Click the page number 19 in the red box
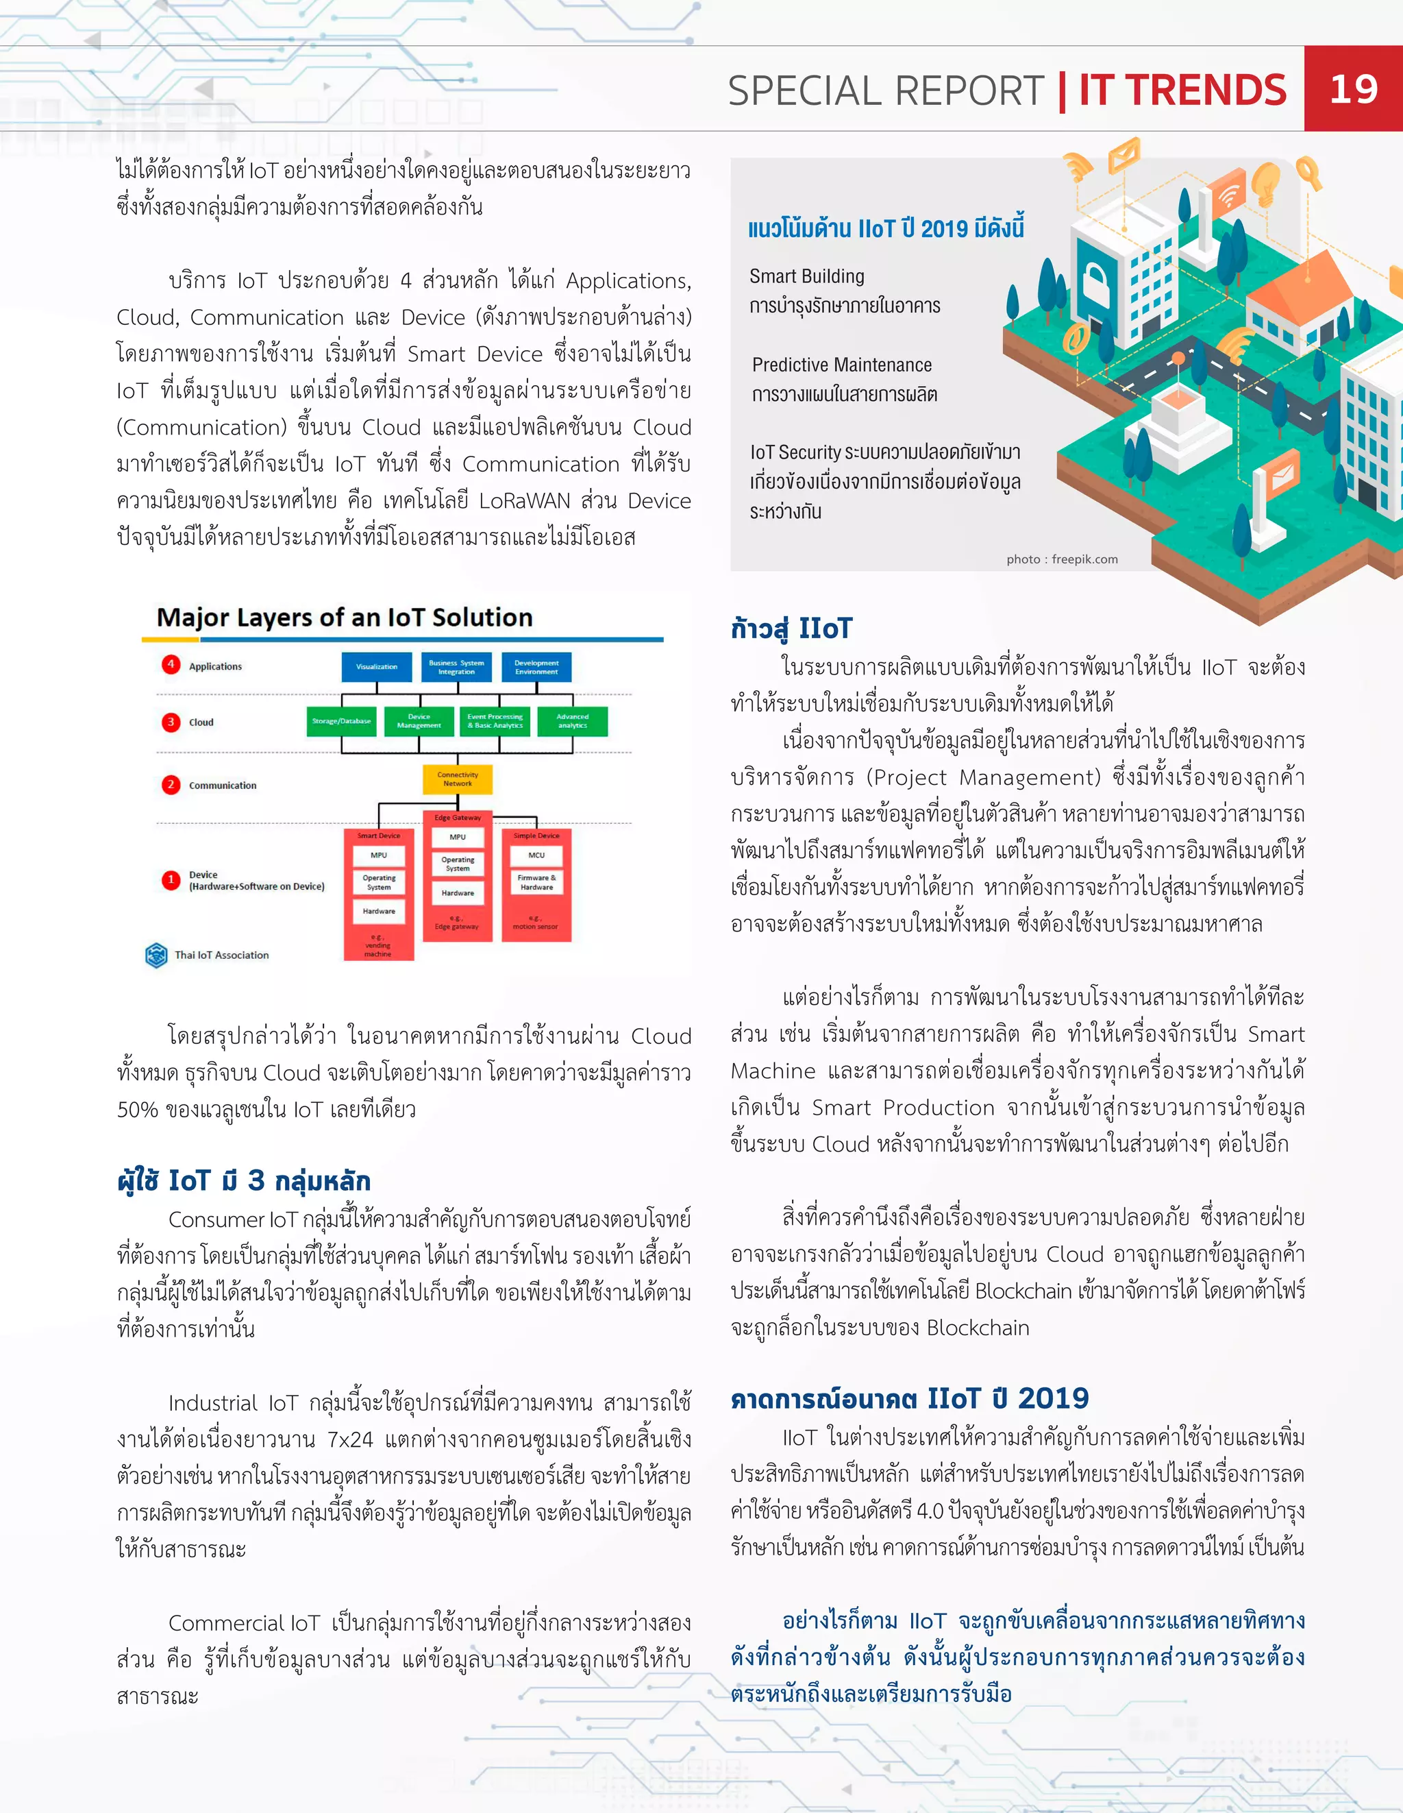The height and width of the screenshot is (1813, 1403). (x=1353, y=89)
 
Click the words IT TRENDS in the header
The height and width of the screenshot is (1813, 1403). (x=1182, y=90)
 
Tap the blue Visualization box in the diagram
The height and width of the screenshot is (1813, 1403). (x=377, y=666)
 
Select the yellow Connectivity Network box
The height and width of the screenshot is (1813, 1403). (x=457, y=779)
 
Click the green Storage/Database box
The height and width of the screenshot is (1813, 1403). (x=342, y=721)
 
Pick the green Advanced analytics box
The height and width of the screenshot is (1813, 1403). (x=573, y=721)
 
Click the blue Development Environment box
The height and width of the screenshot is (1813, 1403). (x=536, y=666)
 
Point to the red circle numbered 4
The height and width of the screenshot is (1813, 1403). (x=171, y=664)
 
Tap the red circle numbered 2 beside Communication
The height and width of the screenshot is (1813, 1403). (x=171, y=784)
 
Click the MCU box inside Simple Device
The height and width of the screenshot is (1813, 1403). (x=536, y=855)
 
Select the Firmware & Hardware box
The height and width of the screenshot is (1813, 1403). (x=536, y=881)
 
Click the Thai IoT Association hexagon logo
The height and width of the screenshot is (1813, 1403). (x=156, y=955)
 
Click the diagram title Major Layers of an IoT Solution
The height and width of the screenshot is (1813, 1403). (x=345, y=618)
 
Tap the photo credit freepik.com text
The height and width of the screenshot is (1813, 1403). (x=1062, y=559)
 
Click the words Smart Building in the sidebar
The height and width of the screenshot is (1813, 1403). (x=806, y=276)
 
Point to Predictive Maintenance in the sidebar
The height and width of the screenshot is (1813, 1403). (x=841, y=365)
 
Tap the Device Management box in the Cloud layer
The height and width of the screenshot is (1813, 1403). (x=419, y=721)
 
